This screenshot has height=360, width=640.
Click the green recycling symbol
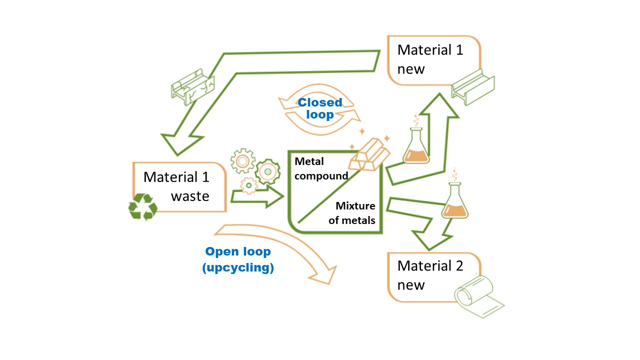pyautogui.click(x=143, y=207)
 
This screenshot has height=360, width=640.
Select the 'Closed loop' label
pyautogui.click(x=320, y=108)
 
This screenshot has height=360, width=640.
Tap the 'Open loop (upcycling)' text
pyautogui.click(x=238, y=259)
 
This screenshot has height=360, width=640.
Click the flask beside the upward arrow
pyautogui.click(x=415, y=145)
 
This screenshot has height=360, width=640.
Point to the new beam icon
pyautogui.click(x=473, y=89)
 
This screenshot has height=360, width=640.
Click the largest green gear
pyautogui.click(x=267, y=171)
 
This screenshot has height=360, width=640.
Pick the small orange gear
pyautogui.click(x=248, y=185)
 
